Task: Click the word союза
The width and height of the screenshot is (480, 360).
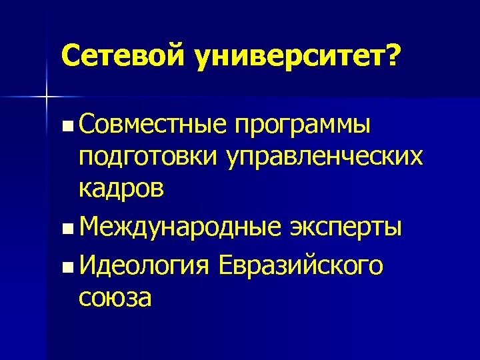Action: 115,297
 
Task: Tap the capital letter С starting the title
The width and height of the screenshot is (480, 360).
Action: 69,57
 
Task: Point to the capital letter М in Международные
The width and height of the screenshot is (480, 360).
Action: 89,227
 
